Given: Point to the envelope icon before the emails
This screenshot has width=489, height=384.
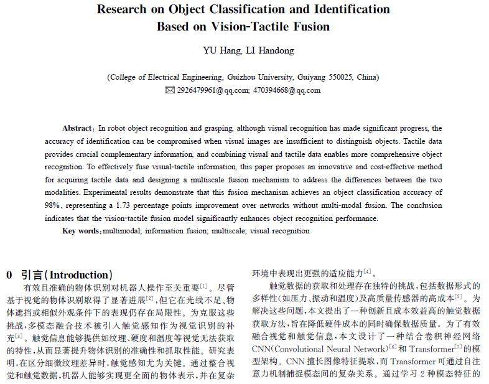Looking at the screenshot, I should click(x=170, y=90).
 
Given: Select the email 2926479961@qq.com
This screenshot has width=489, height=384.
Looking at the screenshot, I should click(x=212, y=90).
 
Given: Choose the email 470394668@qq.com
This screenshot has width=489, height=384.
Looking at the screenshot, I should click(x=287, y=90).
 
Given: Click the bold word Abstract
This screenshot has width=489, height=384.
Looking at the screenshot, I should click(x=77, y=128).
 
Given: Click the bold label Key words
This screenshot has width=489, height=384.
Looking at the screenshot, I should click(x=81, y=231).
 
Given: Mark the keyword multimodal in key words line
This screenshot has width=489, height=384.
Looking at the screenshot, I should click(x=123, y=231).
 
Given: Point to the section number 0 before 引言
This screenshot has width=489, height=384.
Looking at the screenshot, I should click(x=9, y=274).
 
